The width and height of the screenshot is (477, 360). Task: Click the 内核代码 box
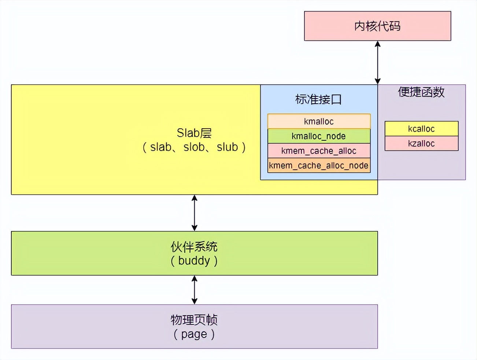coord(377,26)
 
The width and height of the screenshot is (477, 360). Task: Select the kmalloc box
coord(319,121)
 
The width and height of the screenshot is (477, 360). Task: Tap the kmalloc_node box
coord(319,136)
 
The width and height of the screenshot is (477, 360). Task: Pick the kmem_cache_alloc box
coord(319,151)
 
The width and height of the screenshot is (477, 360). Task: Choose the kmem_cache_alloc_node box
coord(319,165)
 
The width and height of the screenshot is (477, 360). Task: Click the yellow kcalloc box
coord(421,129)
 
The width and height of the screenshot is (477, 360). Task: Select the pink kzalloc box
coord(421,143)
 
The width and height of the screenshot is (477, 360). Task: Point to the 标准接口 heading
coord(318,99)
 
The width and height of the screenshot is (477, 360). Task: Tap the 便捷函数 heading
coord(421,92)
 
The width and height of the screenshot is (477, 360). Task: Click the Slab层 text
coord(194,133)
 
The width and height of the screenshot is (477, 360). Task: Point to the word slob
coord(194,147)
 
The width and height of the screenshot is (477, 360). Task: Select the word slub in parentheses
coord(227,147)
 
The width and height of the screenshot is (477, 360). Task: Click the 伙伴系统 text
coord(194,247)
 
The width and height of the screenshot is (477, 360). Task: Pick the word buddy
coord(194,261)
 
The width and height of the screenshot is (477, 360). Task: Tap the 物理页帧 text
coord(194,320)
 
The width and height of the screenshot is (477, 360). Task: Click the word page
coord(194,334)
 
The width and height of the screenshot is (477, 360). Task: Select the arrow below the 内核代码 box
coord(377,62)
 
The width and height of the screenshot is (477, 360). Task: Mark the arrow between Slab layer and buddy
coord(195,213)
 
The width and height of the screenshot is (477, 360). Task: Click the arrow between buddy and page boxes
coord(195,290)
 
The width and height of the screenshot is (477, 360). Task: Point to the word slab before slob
coord(161,147)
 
